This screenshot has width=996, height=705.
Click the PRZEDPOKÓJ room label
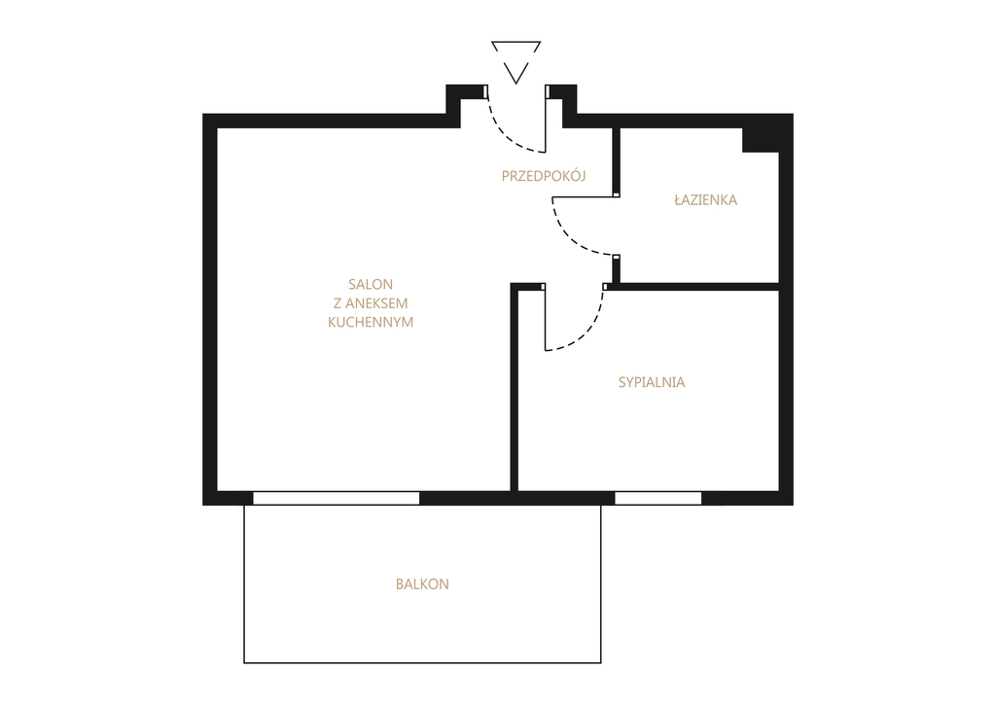pyautogui.click(x=543, y=176)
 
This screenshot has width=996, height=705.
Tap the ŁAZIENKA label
pyautogui.click(x=706, y=199)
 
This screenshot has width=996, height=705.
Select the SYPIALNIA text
pyautogui.click(x=652, y=382)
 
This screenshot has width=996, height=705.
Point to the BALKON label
pyautogui.click(x=422, y=584)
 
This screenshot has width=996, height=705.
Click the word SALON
pyautogui.click(x=371, y=285)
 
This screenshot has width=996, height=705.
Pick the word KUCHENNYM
pyautogui.click(x=371, y=322)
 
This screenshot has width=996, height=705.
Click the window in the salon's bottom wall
pyautogui.click(x=336, y=498)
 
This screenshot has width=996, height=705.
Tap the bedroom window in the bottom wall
pyautogui.click(x=658, y=498)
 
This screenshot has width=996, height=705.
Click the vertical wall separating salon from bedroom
pyautogui.click(x=515, y=387)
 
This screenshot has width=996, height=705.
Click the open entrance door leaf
pyautogui.click(x=547, y=119)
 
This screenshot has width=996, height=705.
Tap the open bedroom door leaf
pyautogui.click(x=545, y=318)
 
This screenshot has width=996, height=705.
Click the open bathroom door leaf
pyautogui.click(x=585, y=197)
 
